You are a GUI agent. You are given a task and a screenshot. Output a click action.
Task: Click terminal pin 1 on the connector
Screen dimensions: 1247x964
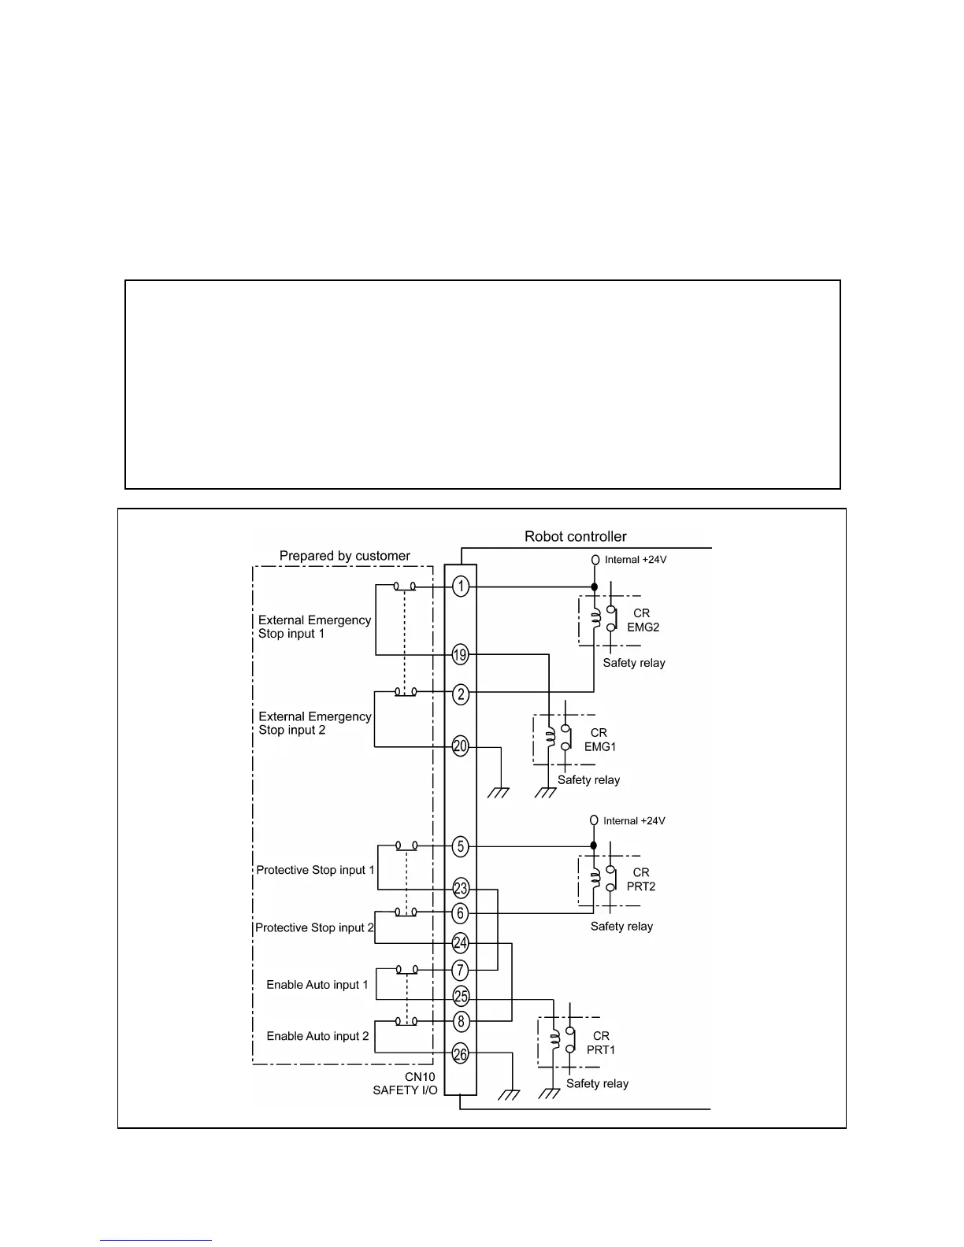[x=461, y=586]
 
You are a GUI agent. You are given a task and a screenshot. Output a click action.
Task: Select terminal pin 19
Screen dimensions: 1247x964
[x=461, y=654]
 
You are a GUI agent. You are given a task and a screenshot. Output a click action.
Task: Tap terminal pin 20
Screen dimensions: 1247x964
[x=461, y=746]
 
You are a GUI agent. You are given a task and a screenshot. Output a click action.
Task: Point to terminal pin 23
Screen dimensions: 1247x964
[x=461, y=889]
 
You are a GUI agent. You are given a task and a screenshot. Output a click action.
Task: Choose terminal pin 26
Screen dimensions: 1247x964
[x=461, y=1053]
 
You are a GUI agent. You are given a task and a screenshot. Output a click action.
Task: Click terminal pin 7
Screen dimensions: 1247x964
[x=461, y=971]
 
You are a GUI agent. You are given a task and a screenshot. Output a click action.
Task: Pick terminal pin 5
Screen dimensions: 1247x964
[x=461, y=847]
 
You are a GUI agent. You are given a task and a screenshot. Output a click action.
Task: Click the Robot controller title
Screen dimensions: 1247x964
[x=575, y=537]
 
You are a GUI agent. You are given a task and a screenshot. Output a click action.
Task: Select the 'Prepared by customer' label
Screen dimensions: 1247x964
[x=344, y=556]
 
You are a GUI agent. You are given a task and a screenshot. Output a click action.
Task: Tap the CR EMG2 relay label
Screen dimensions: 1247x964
[x=643, y=620]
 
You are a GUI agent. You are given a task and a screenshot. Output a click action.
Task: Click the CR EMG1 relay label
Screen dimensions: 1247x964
[x=599, y=739]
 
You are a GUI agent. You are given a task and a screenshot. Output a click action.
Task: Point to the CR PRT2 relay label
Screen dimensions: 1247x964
[x=641, y=879]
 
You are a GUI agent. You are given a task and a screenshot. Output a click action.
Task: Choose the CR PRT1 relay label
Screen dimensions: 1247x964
[x=601, y=1043]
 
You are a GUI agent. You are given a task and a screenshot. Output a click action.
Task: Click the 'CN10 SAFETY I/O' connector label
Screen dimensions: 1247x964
[x=405, y=1083]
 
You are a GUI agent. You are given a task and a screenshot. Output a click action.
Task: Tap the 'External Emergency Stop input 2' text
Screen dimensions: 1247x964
[x=314, y=723]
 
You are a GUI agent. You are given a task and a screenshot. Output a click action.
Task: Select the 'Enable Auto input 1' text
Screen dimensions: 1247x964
[x=317, y=985]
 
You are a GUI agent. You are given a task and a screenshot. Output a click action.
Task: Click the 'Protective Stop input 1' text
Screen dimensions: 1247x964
[x=315, y=870]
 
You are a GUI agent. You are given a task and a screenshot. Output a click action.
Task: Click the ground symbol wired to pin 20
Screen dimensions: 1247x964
[x=499, y=792]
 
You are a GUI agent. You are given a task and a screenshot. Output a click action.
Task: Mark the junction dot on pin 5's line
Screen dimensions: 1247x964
[x=594, y=846]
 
